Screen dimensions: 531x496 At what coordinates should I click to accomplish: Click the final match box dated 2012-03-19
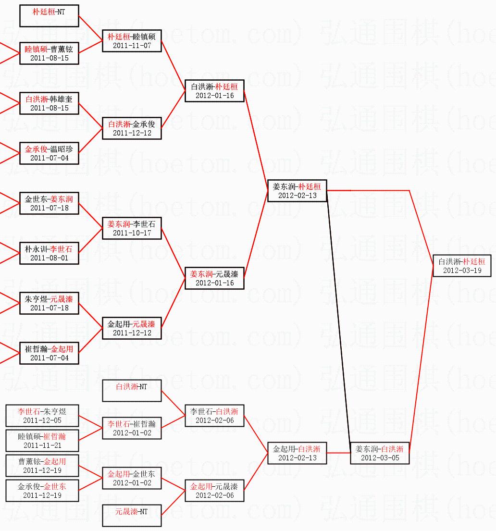[462, 266]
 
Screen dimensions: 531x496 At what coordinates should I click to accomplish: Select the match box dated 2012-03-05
[380, 453]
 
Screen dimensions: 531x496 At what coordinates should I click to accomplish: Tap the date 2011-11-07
[132, 46]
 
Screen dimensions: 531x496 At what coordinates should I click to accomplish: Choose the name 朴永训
[36, 249]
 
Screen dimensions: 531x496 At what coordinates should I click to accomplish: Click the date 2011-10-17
[132, 233]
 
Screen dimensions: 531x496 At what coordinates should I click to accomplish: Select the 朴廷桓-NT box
[49, 16]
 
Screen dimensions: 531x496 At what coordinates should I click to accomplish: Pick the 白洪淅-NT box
[132, 391]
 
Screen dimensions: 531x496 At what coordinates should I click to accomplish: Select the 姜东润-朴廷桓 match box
[297, 191]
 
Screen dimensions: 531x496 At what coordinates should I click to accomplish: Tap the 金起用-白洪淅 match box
[297, 453]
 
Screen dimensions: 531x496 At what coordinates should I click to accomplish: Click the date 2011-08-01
[49, 258]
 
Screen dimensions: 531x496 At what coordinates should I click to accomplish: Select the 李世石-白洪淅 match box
[214, 416]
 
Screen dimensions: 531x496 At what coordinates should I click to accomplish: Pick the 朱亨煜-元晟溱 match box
[49, 303]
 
